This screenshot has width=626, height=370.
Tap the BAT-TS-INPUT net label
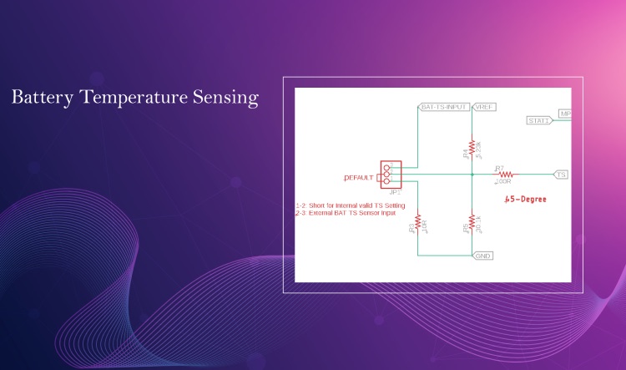[444, 107]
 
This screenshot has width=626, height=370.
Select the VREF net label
[484, 107]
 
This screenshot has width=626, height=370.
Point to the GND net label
[482, 256]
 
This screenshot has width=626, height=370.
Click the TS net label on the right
[562, 175]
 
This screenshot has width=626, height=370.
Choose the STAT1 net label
[538, 121]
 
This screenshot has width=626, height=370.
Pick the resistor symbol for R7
[504, 175]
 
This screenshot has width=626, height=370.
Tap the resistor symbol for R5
[472, 221]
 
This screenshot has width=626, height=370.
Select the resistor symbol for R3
[417, 222]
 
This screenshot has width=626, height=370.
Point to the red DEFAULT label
[360, 179]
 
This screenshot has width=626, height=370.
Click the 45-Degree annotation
[525, 200]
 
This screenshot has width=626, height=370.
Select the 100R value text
[502, 181]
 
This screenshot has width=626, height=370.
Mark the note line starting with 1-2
[351, 205]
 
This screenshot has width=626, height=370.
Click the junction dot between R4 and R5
[472, 175]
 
